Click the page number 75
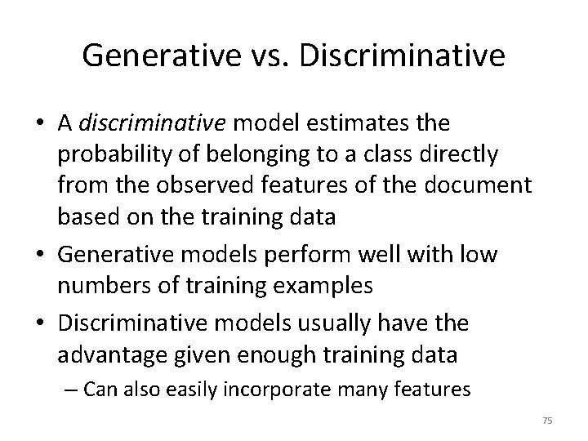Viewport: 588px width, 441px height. pyautogui.click(x=547, y=421)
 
